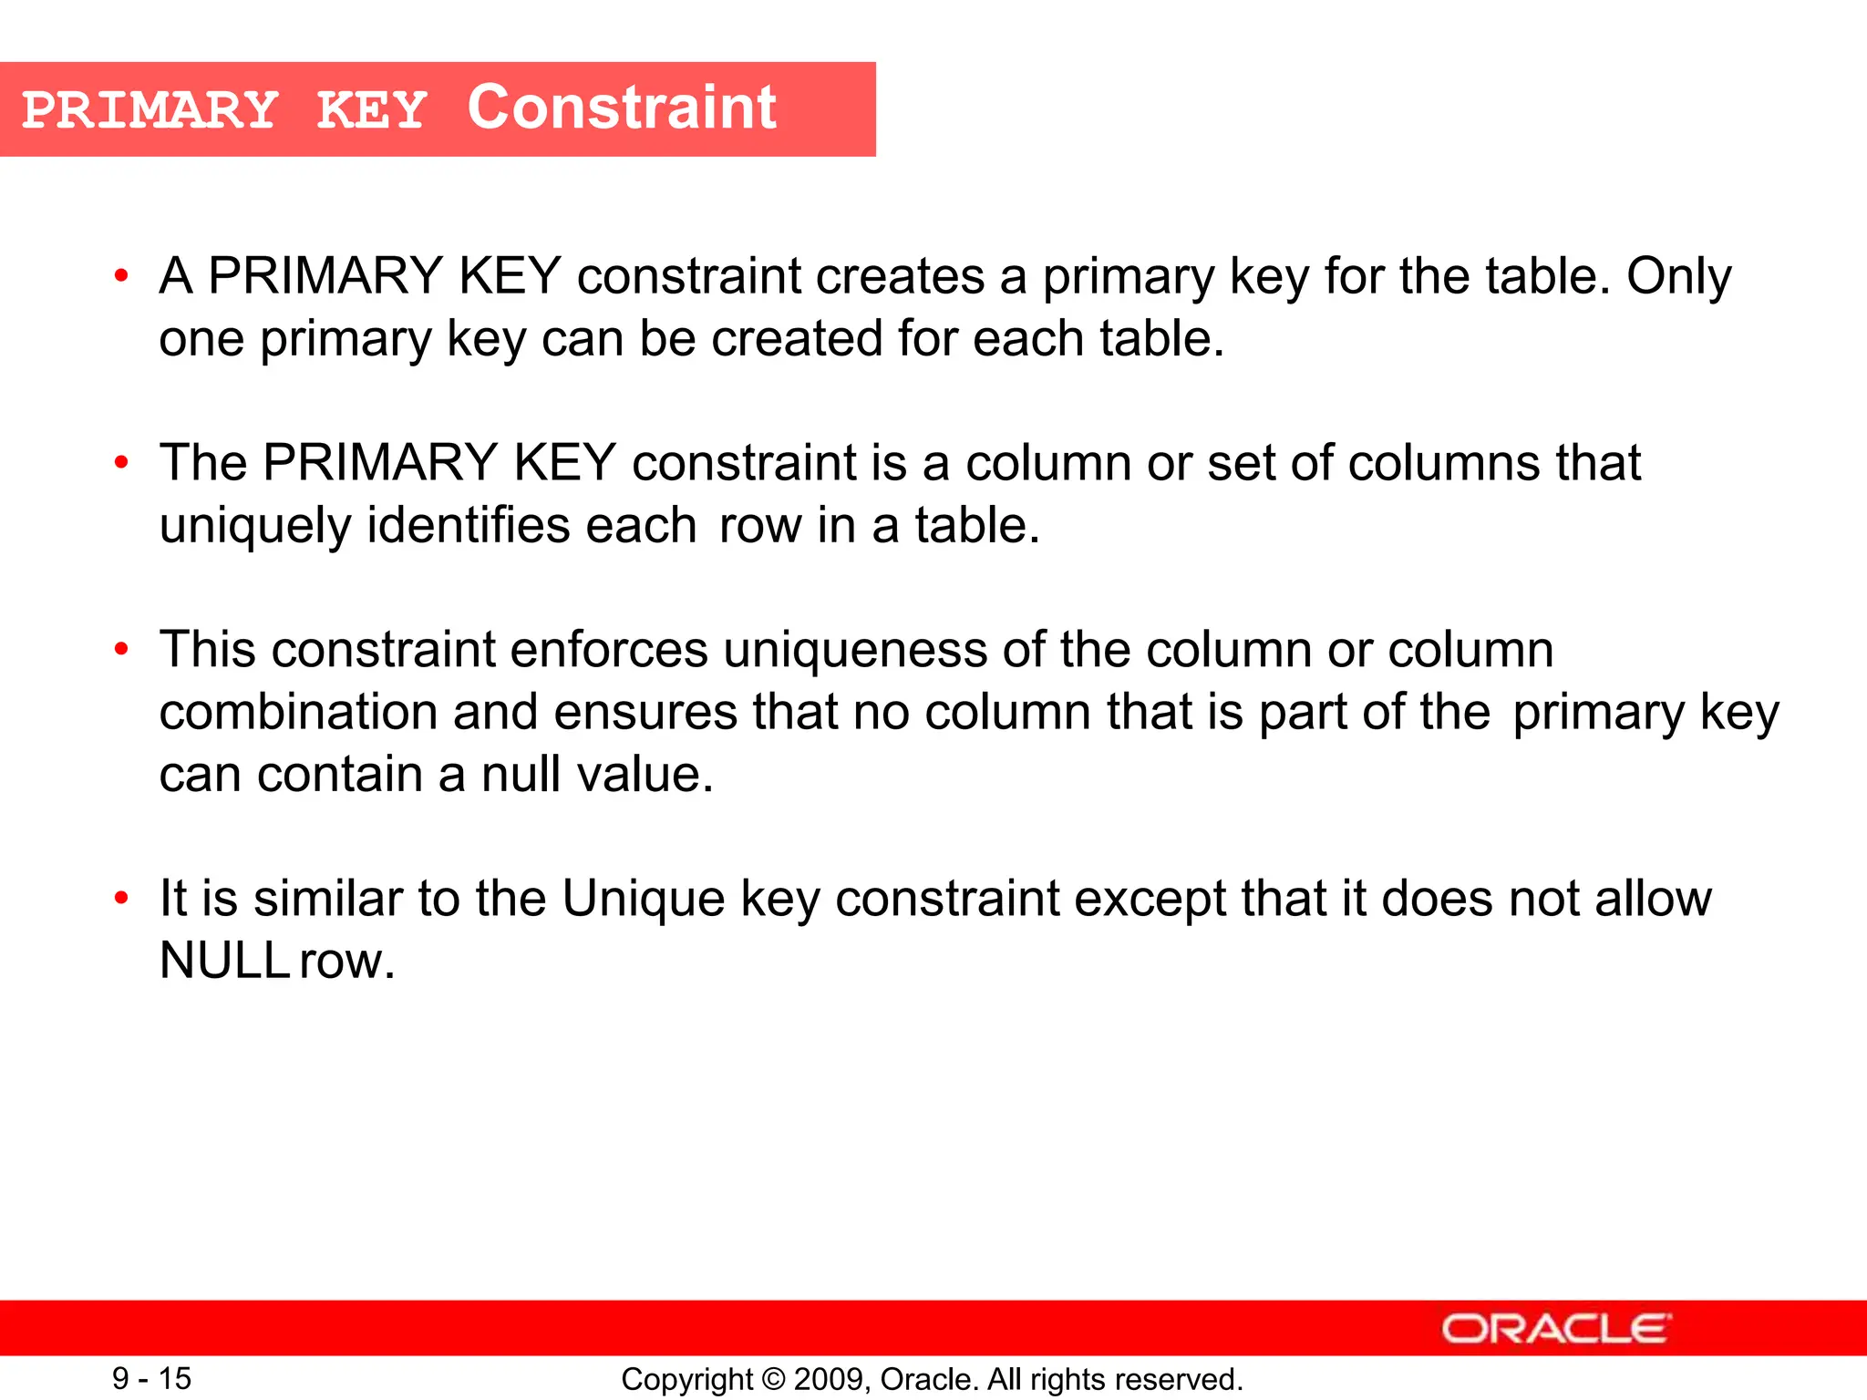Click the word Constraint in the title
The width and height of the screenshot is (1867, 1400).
coord(622,108)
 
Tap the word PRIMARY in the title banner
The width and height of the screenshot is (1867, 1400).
coord(150,111)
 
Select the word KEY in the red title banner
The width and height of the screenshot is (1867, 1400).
coord(372,111)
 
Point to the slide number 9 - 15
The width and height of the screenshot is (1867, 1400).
coord(151,1378)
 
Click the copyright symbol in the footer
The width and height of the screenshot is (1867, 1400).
coord(773,1379)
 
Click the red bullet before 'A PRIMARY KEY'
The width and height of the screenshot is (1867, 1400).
coord(121,276)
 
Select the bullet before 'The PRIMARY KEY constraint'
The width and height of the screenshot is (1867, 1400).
coord(121,463)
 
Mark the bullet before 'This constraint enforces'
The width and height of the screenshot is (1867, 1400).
coord(121,650)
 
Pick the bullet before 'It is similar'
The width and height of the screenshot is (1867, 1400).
coord(121,899)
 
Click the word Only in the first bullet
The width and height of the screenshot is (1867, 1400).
coord(1678,276)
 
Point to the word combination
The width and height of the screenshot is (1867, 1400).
coord(298,712)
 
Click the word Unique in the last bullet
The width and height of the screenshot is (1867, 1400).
coord(643,900)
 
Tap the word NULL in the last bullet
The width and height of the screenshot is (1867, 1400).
coord(224,961)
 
